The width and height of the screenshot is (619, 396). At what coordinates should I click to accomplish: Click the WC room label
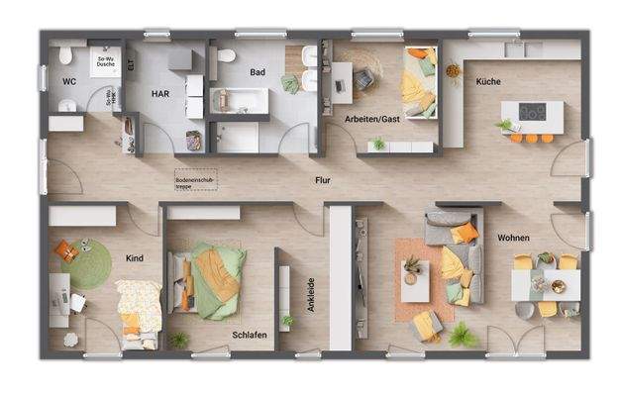[x=69, y=82]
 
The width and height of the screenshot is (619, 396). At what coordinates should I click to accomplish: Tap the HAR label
[x=160, y=93]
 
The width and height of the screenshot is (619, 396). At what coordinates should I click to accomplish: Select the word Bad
[x=258, y=72]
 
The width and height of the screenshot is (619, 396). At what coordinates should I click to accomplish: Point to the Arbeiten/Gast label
[x=372, y=118]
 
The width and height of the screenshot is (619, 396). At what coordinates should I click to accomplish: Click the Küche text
[x=488, y=81]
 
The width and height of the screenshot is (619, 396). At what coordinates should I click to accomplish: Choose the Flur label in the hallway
[x=323, y=180]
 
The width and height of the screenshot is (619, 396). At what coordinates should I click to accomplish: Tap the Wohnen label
[x=514, y=239]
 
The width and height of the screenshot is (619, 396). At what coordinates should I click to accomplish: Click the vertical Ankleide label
[x=310, y=295]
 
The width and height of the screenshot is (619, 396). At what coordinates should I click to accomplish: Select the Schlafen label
[x=250, y=336]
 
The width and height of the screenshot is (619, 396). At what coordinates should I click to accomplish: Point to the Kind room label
[x=135, y=258]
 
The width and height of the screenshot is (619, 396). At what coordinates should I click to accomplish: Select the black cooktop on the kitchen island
[x=531, y=112]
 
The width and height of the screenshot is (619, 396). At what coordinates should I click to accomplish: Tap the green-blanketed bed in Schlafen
[x=214, y=282]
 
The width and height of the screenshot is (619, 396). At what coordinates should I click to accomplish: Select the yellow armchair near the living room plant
[x=427, y=324]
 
